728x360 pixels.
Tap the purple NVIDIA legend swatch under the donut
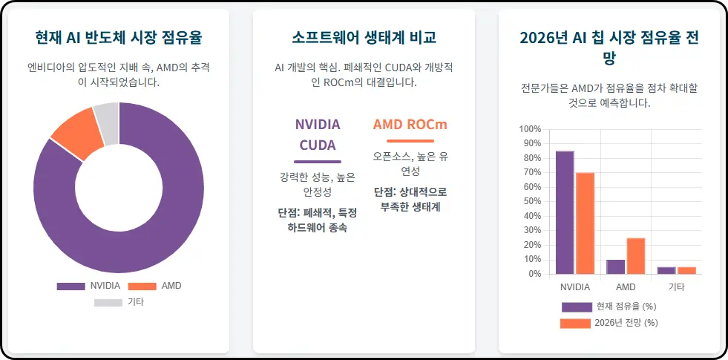click(x=70, y=286)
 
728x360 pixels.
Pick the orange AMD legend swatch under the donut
click(x=142, y=286)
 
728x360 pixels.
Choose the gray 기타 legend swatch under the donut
click(x=108, y=302)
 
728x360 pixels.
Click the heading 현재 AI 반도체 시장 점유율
click(x=119, y=37)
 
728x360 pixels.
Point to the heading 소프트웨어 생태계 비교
click(x=364, y=37)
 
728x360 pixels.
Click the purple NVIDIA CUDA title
click(x=318, y=134)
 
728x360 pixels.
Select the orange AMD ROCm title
click(x=410, y=124)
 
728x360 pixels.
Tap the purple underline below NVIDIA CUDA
click(x=318, y=161)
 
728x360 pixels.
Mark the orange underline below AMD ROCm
click(x=410, y=140)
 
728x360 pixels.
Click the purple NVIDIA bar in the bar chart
click(x=565, y=212)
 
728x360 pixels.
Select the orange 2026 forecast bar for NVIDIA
click(x=586, y=223)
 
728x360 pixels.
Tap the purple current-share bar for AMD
click(x=615, y=266)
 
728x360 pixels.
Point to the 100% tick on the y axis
click(x=531, y=129)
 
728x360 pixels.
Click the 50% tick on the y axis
click(x=532, y=202)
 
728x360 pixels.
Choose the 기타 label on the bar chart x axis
click(x=676, y=287)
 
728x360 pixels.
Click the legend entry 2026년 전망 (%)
click(x=610, y=323)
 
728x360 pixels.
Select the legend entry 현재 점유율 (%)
click(x=610, y=307)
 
